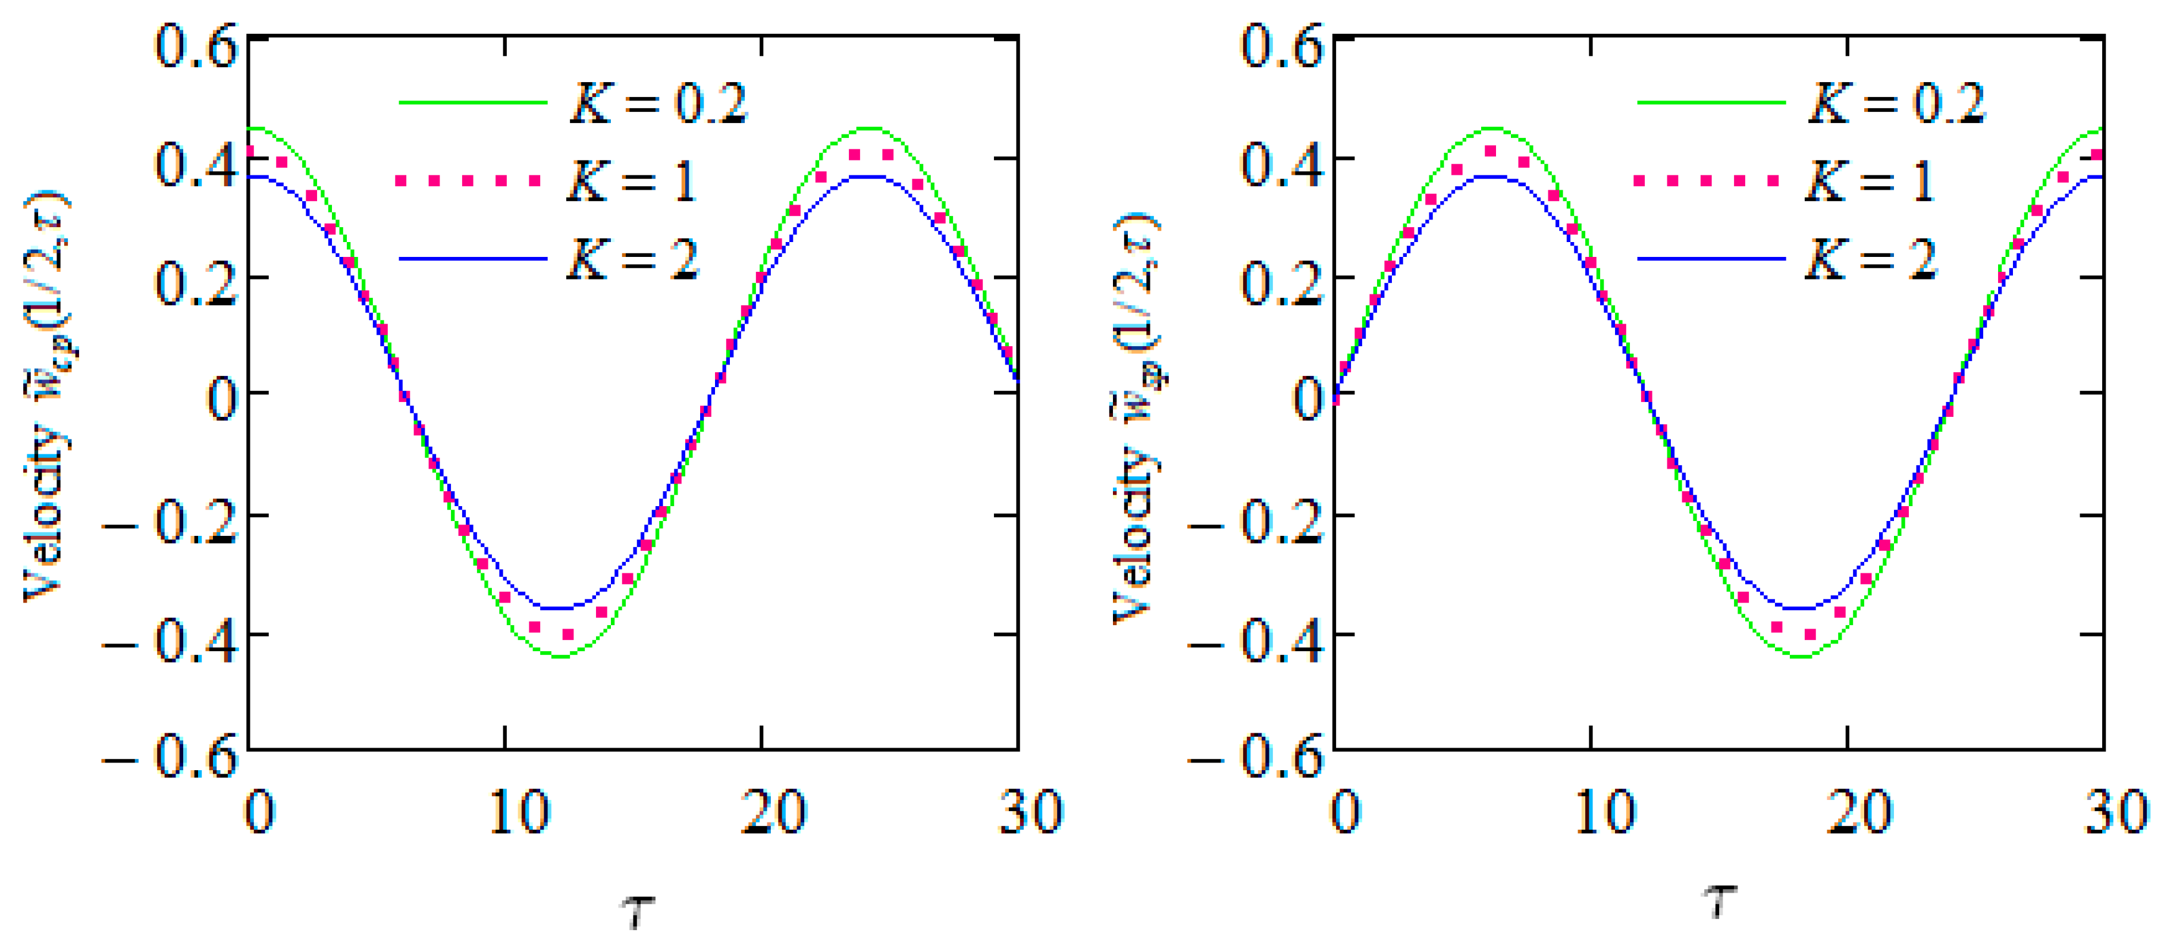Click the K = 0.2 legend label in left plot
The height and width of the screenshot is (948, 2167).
(x=658, y=104)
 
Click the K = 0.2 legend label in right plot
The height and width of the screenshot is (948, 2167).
(x=1896, y=104)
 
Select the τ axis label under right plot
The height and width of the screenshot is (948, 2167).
(x=1720, y=902)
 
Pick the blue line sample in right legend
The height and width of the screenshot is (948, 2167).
(x=1710, y=258)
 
